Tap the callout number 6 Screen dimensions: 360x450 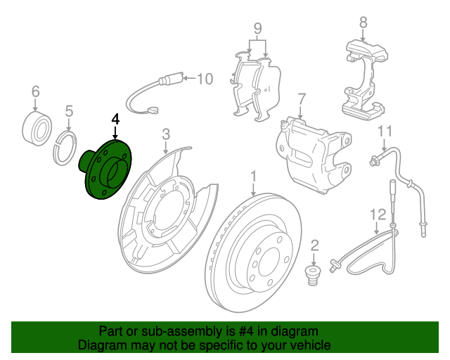[x=36, y=91]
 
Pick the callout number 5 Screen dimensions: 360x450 [x=69, y=110]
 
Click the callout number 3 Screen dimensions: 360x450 [x=166, y=134]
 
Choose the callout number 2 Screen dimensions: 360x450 [x=314, y=245]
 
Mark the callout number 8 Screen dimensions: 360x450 [x=363, y=22]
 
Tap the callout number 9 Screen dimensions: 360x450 [x=257, y=30]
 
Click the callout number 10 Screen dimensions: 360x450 [x=204, y=78]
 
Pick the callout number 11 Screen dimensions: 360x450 [x=384, y=131]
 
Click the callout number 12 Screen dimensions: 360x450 [x=378, y=214]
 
